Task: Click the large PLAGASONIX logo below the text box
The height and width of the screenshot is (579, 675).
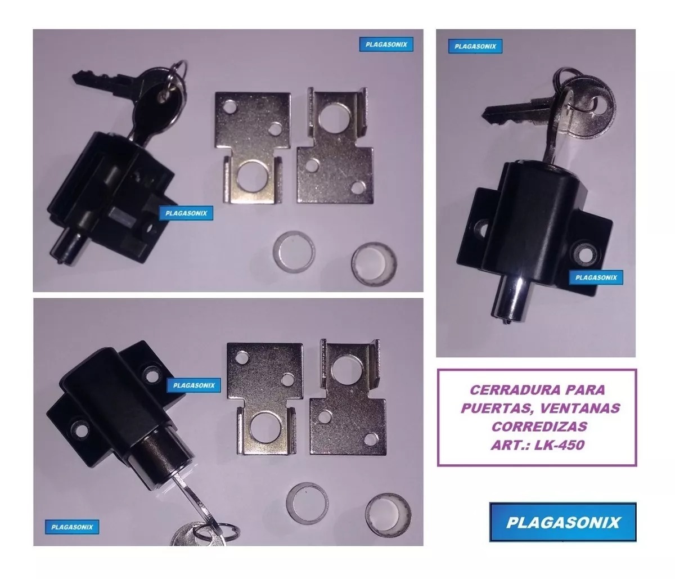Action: pos(562,522)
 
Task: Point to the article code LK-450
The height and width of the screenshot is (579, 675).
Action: pos(559,445)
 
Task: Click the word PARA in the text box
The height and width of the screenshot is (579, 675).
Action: pos(586,390)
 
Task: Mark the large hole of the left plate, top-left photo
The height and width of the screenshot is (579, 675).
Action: pos(251,177)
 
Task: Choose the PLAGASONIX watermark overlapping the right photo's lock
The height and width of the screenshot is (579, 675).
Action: pos(596,278)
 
